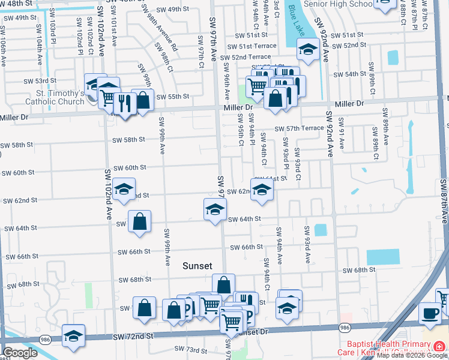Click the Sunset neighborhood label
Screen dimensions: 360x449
click(197, 266)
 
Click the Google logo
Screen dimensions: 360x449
click(20, 353)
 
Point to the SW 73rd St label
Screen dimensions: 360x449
click(190, 349)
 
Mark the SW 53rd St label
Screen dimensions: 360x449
click(40, 80)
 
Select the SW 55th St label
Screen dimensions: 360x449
click(172, 97)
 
